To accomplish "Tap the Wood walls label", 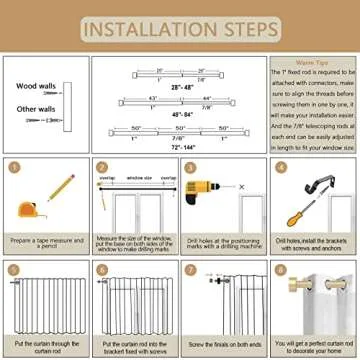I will click(x=37, y=86).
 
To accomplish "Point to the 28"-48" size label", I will click(x=181, y=88).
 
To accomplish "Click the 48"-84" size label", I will click(x=181, y=115).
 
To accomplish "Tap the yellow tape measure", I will click(x=29, y=209).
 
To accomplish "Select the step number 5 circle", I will click(x=14, y=269).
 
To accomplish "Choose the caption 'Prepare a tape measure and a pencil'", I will click(x=45, y=243).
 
